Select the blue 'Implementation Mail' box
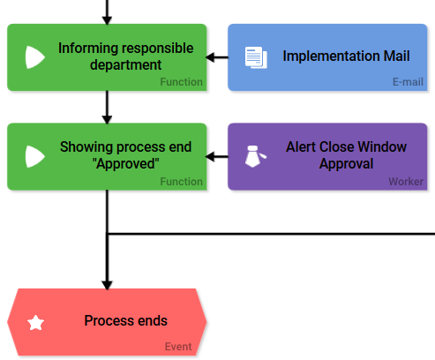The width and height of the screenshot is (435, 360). (327, 57)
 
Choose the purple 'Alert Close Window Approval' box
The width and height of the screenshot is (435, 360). (327, 156)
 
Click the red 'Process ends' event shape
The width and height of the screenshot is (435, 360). (107, 321)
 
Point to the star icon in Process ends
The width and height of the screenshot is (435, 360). (35, 323)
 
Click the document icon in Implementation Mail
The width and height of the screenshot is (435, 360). (255, 57)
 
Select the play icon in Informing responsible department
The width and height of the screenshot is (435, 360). (34, 57)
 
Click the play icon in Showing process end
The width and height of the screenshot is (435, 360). (34, 156)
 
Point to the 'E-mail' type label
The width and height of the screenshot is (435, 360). (408, 83)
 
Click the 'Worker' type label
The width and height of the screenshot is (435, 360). (406, 182)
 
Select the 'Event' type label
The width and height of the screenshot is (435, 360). (177, 347)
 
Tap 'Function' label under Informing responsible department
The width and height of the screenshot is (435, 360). (181, 83)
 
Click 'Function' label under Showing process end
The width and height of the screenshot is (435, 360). (181, 182)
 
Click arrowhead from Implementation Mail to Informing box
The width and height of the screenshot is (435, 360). (212, 58)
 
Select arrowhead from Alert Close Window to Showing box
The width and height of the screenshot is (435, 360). (212, 157)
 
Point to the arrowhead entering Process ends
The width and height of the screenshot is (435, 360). (107, 283)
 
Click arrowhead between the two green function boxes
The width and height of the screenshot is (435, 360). (107, 118)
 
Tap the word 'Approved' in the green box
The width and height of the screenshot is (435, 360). (126, 164)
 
